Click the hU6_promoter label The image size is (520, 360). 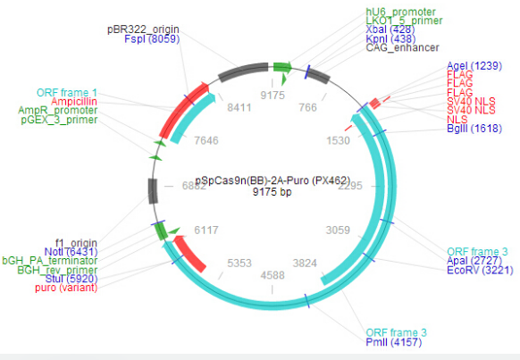400,12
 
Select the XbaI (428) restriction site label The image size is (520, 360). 390,29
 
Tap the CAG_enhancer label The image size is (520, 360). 402,47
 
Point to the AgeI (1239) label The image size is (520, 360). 474,65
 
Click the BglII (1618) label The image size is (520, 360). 474,129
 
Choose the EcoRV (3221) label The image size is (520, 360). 480,270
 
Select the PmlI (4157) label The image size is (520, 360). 394,342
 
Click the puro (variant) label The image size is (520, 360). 66,288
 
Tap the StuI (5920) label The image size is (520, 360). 71,279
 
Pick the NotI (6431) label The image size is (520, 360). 71,252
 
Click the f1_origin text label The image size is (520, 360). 76,243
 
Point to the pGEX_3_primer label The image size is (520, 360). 59,120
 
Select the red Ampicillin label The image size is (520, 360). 74,102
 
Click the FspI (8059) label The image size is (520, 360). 152,38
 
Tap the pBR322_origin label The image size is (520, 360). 143,29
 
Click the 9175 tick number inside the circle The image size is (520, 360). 273,96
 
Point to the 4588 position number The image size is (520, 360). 273,275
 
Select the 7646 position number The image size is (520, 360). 206,140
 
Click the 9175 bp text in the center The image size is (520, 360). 273,191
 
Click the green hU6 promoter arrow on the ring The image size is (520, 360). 282,68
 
